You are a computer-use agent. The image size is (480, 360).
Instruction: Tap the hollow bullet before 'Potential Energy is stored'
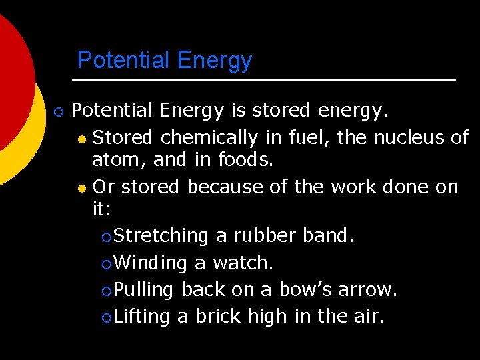coord(58,111)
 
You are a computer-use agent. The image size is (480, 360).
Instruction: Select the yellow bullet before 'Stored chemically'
coord(81,139)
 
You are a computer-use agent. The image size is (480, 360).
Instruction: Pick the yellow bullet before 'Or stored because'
coord(81,188)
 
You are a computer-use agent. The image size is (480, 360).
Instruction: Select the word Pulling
coord(144,290)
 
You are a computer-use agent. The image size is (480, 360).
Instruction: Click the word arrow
coord(367,290)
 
